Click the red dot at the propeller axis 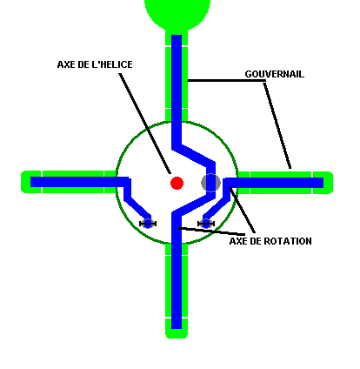177,183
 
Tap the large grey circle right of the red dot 210,183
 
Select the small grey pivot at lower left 148,224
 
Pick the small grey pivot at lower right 206,224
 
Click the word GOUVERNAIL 275,74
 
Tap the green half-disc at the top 177,14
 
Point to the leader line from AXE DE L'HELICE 144,124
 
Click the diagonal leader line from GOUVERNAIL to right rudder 277,125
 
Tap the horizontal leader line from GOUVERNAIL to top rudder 226,80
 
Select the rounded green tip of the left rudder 25,182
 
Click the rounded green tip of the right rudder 329,183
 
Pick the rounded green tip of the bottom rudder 177,333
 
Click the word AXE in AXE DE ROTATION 238,241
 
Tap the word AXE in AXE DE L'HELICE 66,64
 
